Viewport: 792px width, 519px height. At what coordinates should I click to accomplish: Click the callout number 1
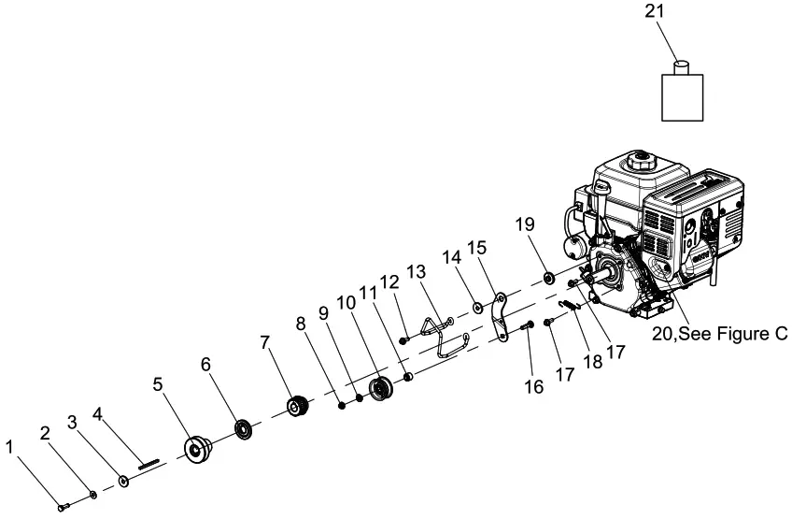coord(11,447)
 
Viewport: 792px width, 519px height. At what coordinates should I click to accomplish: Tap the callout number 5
coord(158,383)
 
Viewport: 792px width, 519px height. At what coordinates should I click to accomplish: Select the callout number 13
coord(416,272)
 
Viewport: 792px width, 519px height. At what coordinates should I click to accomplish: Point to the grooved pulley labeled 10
coord(380,387)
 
